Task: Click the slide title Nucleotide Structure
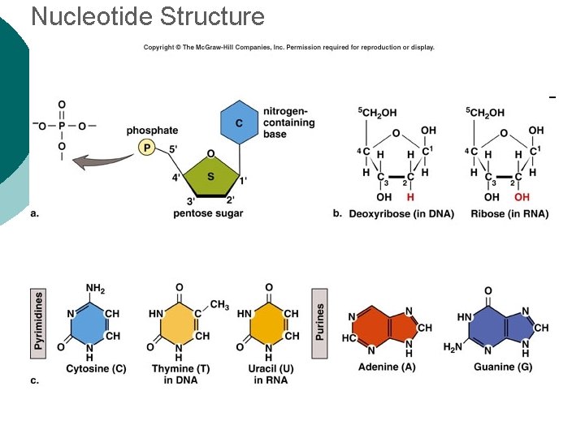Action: click(x=147, y=16)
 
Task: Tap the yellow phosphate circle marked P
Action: click(x=146, y=147)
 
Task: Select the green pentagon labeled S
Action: click(x=210, y=176)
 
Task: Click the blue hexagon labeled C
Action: click(x=239, y=122)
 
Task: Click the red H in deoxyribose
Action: click(x=410, y=197)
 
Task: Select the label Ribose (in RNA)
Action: click(x=509, y=214)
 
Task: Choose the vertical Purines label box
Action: click(x=320, y=321)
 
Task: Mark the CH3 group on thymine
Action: click(x=219, y=305)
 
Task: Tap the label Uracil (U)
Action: click(x=270, y=369)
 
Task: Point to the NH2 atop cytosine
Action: click(x=95, y=289)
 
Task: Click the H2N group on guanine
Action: click(x=453, y=348)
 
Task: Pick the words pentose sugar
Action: click(x=208, y=214)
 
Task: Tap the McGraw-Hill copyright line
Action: click(x=289, y=47)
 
